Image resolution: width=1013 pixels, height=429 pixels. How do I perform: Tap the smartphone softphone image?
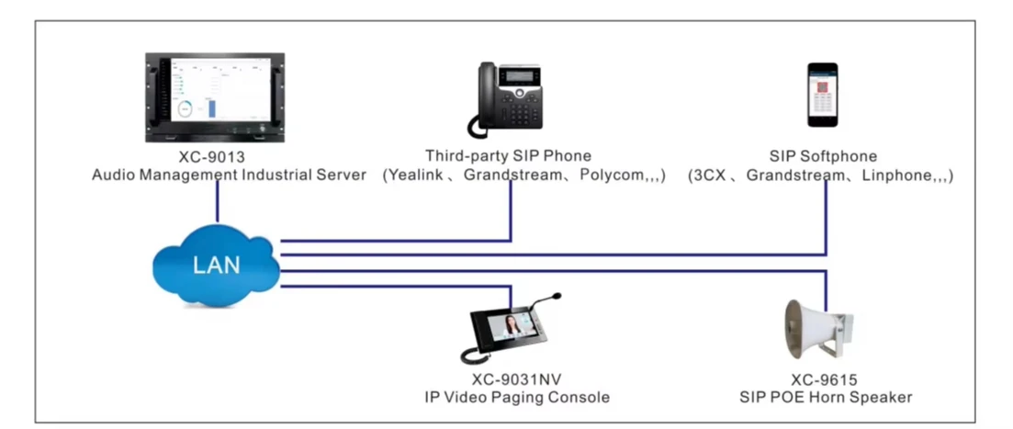click(822, 95)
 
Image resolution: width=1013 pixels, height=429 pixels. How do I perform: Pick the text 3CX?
click(712, 175)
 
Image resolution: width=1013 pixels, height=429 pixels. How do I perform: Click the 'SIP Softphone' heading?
click(823, 157)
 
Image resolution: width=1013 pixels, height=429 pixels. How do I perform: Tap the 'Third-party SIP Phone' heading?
click(508, 157)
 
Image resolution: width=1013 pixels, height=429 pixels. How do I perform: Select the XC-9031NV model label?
click(510, 380)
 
